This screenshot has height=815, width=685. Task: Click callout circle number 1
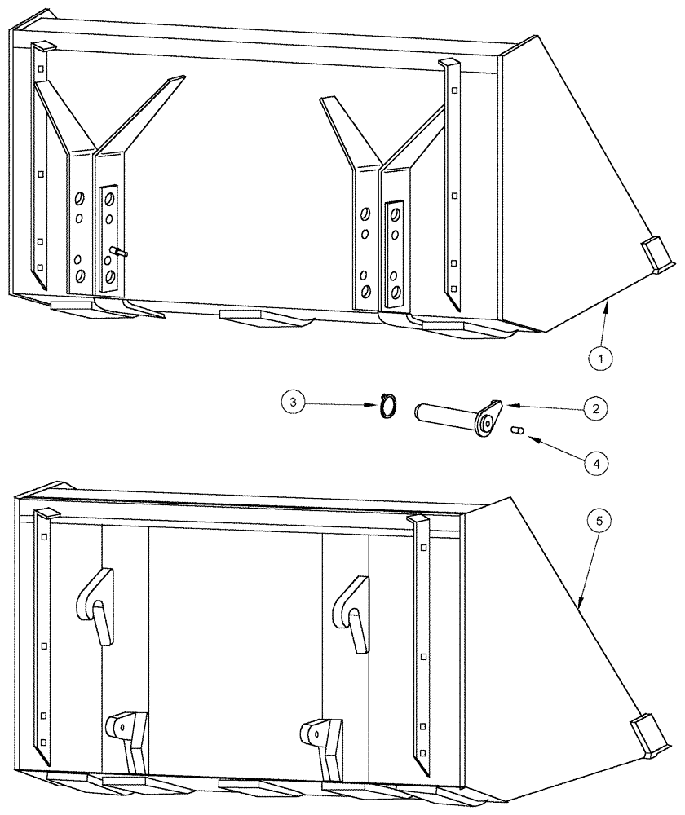pos(602,356)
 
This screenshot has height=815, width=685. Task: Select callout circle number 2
pos(594,409)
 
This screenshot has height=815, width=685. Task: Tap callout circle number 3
pos(294,401)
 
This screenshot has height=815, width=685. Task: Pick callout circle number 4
pos(596,462)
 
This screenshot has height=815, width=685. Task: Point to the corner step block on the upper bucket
pos(656,253)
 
